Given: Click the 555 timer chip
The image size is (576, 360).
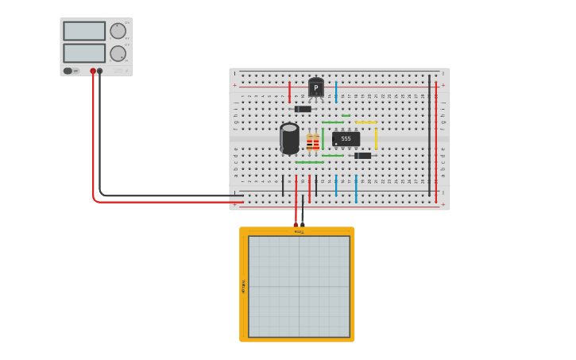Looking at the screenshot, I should point(346,139).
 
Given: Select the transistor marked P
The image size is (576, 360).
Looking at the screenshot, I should point(316,87).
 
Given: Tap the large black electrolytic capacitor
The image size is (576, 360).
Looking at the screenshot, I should point(289,138).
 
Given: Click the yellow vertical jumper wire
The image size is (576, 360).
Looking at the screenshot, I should point(376,137).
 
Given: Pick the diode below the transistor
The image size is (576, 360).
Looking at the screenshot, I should point(303,109).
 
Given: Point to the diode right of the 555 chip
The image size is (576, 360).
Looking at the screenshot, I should point(363,156).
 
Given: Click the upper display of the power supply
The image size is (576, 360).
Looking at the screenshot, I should point(84,31).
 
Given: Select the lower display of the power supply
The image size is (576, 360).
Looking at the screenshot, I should point(84,53).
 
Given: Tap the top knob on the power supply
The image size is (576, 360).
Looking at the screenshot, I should point(118,31).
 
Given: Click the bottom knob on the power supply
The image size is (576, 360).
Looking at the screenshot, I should point(118,53).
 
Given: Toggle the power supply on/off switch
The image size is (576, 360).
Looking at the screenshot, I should point(68,71).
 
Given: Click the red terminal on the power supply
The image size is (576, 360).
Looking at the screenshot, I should point(93,71).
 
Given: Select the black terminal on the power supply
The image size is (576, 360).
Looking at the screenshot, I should point(99,71).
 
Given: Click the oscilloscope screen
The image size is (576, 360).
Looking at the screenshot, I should point(299,286).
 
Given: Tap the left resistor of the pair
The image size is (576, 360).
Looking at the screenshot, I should point(309,143).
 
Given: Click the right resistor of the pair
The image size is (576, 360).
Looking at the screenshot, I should point(316,143).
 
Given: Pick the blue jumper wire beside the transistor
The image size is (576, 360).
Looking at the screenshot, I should point(336,91).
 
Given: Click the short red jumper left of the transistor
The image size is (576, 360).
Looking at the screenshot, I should point(289,91).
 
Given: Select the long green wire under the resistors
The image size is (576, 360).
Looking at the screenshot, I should point(309,162).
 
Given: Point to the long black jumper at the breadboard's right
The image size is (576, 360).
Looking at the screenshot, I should point(429,135).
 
